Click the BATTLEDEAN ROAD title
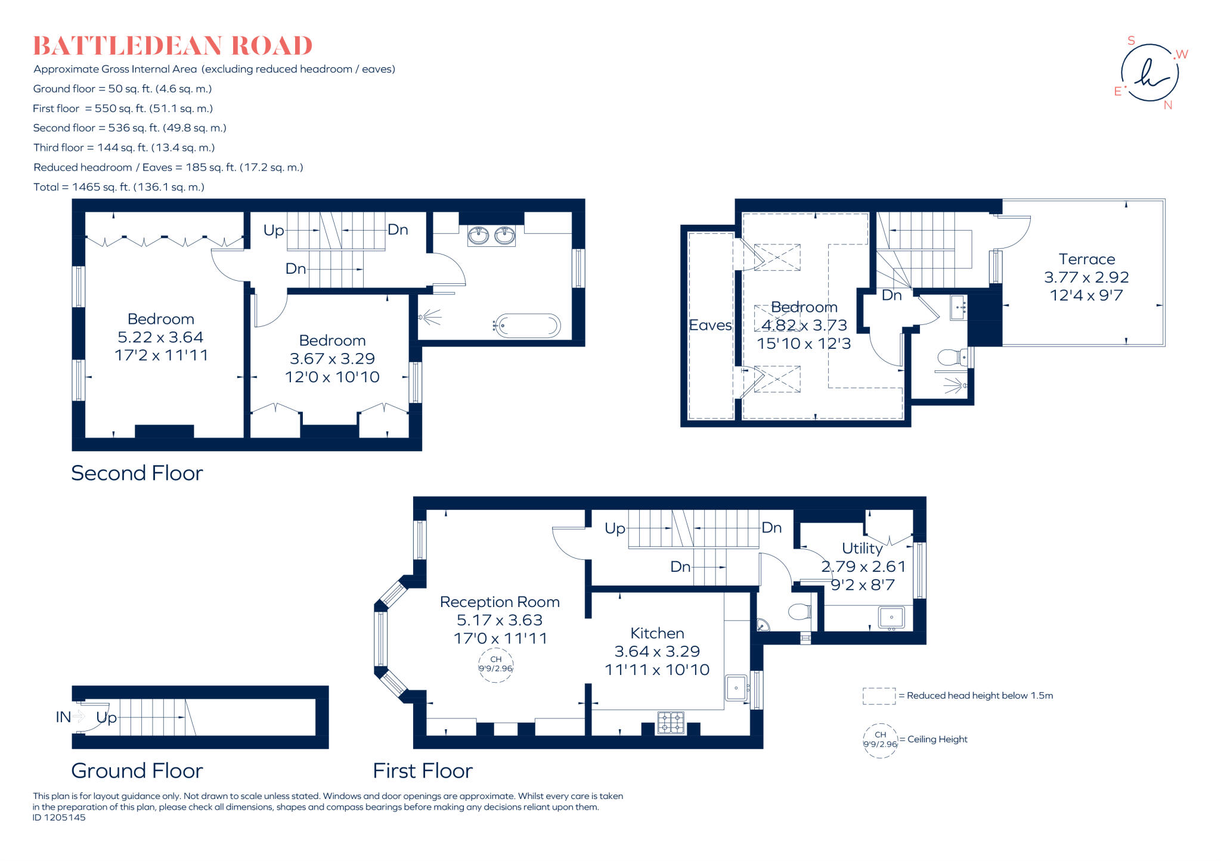point(172,46)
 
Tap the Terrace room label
point(1086,259)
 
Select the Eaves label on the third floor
point(710,325)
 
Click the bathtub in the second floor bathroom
point(528,326)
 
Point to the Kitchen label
point(657,633)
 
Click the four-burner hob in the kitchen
point(671,722)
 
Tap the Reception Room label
point(500,602)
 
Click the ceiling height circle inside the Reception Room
point(495,664)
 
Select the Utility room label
point(862,549)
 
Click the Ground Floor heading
point(137,770)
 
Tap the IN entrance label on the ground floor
point(63,717)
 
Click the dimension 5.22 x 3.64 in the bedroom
point(160,337)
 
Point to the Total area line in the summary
point(119,187)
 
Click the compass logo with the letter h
point(1149,73)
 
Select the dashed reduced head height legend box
point(879,696)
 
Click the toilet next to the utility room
point(799,612)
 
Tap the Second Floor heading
point(137,473)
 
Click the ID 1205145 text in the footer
point(59,817)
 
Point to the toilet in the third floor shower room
point(949,358)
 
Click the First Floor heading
point(423,770)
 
